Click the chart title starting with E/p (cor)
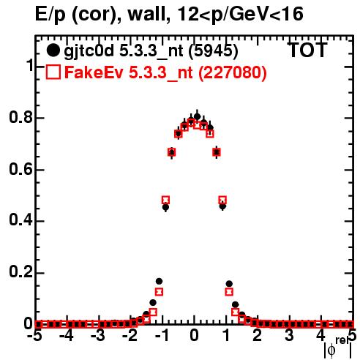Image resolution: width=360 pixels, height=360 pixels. [x=169, y=15]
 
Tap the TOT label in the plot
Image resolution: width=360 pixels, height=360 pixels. [x=307, y=50]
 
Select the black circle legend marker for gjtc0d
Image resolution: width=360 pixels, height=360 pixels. [x=53, y=50]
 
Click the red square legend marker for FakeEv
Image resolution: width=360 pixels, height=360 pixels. [x=53, y=72]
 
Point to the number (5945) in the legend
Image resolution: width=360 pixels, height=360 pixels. [x=214, y=51]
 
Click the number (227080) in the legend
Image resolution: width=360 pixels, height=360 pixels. [x=233, y=72]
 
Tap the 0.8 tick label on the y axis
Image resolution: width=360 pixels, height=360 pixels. [x=20, y=117]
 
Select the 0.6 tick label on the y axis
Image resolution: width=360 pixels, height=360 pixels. [x=20, y=169]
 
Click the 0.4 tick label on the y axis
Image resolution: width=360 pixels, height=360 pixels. [x=20, y=221]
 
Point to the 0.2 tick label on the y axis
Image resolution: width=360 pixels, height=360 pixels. [x=20, y=272]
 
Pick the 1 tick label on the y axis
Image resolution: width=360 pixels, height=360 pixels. [x=29, y=66]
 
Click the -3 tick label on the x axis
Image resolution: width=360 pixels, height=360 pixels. [x=98, y=336]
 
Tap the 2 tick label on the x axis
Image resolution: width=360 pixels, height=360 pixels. [x=258, y=336]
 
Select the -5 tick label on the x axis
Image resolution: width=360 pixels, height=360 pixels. [x=35, y=336]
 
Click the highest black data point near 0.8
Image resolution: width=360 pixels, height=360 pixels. [x=198, y=117]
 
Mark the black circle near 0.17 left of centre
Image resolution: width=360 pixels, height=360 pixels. [x=159, y=281]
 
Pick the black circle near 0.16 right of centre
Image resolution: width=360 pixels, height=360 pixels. [x=229, y=284]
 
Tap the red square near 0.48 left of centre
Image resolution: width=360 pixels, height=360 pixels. [x=165, y=200]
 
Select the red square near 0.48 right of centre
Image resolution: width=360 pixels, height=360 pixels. [x=222, y=200]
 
